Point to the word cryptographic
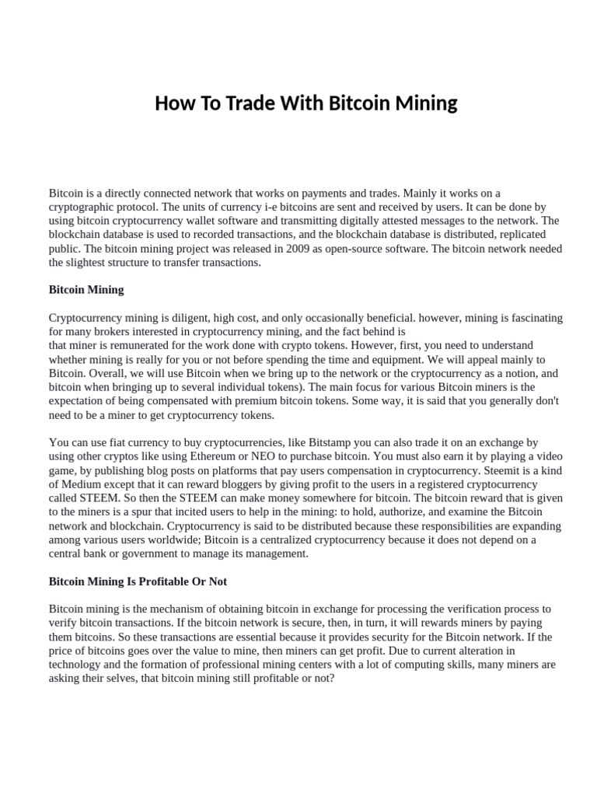(x=83, y=207)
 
